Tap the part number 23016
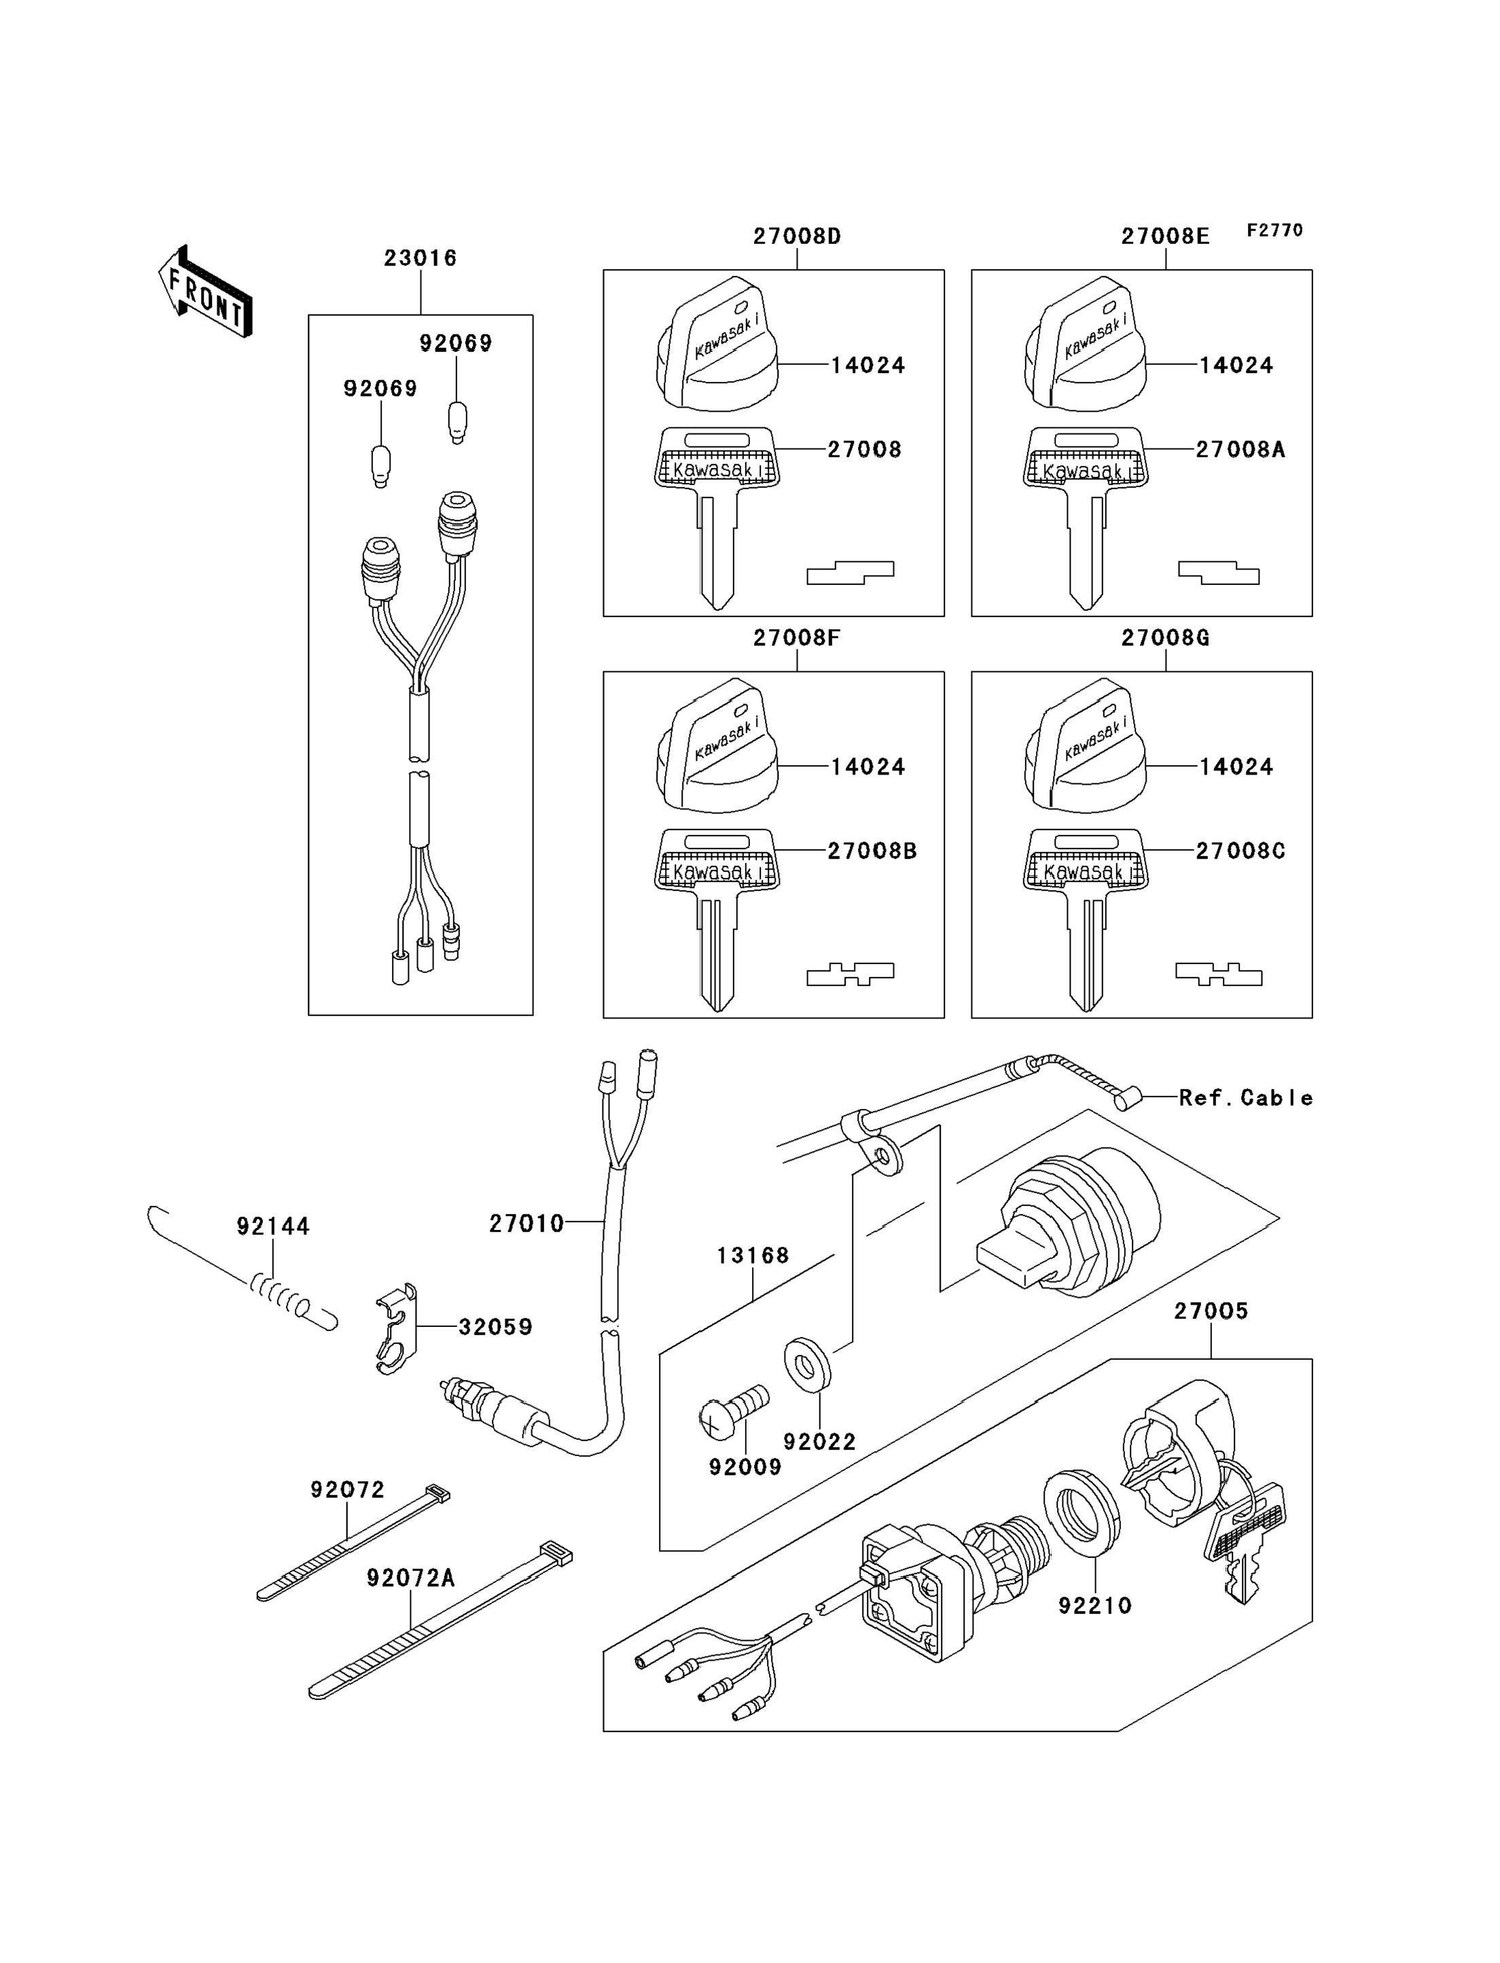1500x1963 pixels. (x=420, y=258)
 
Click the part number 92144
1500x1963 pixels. (x=272, y=1226)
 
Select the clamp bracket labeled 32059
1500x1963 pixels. (x=395, y=1328)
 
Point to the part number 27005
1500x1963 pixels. (x=1211, y=1311)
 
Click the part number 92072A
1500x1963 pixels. (x=411, y=1578)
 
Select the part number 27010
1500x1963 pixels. (x=526, y=1224)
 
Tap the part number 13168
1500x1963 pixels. (x=753, y=1256)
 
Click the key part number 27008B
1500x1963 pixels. (x=872, y=851)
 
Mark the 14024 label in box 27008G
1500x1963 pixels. (x=1236, y=766)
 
